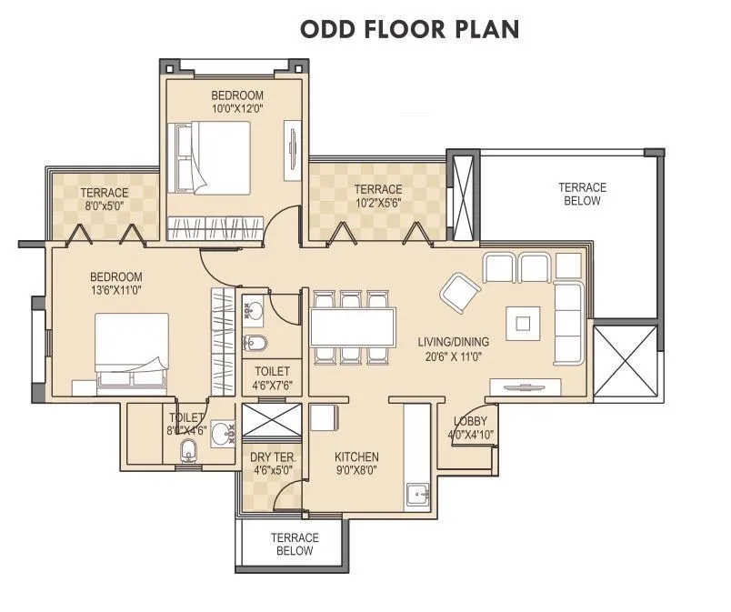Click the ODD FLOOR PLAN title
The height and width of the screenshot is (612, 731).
(409, 28)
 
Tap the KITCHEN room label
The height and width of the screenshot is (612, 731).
(356, 456)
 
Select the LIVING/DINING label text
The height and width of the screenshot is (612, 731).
(453, 342)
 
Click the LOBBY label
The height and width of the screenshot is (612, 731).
(469, 421)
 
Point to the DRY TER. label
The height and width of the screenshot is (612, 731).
(272, 456)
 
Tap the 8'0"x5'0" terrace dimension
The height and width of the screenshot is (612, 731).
(104, 206)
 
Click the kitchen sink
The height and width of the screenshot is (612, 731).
(419, 494)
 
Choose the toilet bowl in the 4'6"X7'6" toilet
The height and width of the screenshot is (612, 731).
(256, 343)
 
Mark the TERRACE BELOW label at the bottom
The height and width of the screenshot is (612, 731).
(292, 544)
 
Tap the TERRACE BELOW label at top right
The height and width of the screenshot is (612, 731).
(582, 194)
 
